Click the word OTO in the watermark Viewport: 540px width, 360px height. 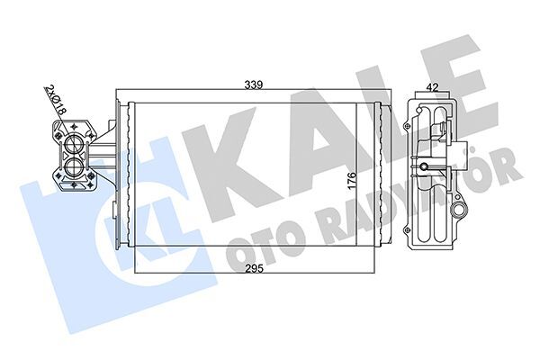(x=261, y=236)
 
